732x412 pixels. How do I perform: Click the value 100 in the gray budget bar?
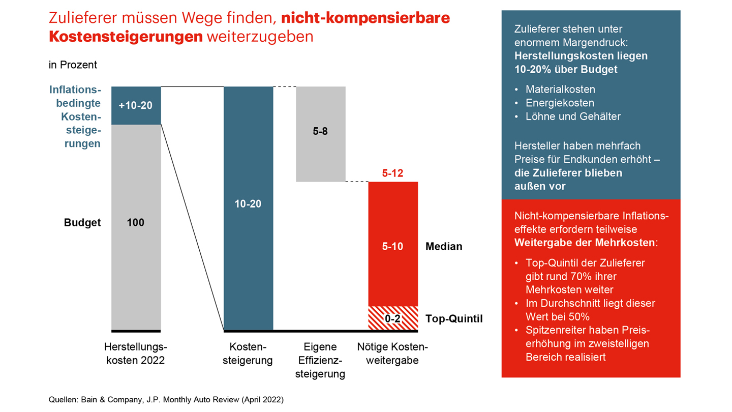point(136,222)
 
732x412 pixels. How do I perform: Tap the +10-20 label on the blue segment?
point(136,106)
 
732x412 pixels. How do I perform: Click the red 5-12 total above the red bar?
point(392,173)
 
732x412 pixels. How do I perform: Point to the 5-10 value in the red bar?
point(392,247)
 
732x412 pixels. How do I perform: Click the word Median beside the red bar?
point(444,247)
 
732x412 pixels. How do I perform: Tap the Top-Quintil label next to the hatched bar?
point(453,319)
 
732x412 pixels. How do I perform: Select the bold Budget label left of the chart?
point(82,222)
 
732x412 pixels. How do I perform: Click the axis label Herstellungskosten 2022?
point(136,354)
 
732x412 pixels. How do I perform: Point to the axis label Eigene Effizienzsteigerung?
point(320,361)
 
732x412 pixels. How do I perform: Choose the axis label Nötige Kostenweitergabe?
point(392,354)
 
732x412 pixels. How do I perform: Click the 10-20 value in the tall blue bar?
point(248,203)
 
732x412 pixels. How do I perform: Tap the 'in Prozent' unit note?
point(73,65)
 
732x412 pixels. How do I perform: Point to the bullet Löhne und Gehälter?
point(573,116)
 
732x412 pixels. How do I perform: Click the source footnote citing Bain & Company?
point(166,399)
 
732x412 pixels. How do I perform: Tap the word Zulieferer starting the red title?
point(79,18)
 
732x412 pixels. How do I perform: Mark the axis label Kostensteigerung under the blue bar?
point(248,354)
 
